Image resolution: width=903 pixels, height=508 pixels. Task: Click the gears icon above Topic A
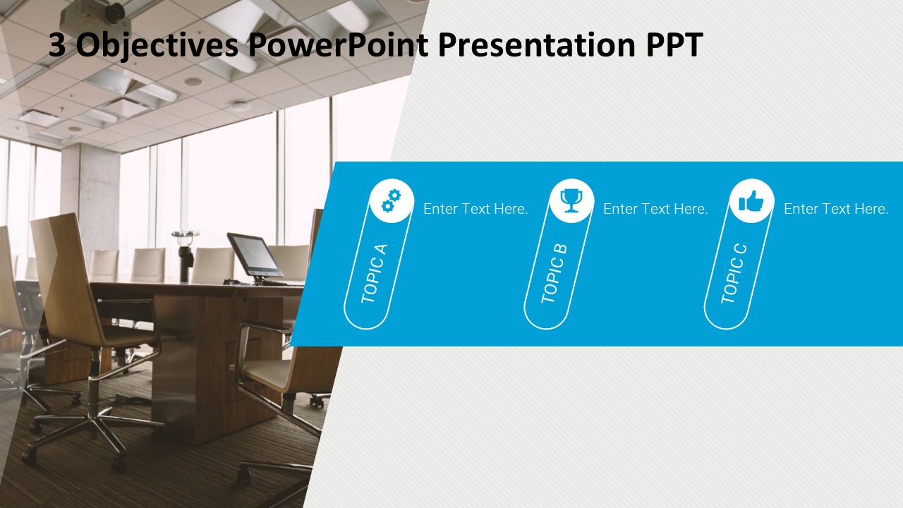[x=391, y=201]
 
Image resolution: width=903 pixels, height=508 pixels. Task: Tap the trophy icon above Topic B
[x=571, y=201]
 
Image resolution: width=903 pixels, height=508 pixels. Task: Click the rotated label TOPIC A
[x=374, y=274]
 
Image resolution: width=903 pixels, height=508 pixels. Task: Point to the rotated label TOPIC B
[x=554, y=274]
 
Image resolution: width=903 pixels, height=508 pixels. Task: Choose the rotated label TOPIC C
[x=734, y=274]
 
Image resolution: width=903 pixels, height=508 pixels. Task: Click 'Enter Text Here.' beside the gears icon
[x=475, y=209]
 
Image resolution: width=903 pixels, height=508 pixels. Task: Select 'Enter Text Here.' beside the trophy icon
[x=655, y=209]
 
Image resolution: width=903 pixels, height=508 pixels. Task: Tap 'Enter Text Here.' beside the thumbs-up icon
[x=836, y=209]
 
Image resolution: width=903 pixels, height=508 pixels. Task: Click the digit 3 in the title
[x=57, y=46]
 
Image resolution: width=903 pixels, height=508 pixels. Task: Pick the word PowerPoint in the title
[x=337, y=46]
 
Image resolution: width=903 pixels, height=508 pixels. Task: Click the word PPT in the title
[x=674, y=46]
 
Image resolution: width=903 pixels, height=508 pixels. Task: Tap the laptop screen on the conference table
[x=253, y=255]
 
